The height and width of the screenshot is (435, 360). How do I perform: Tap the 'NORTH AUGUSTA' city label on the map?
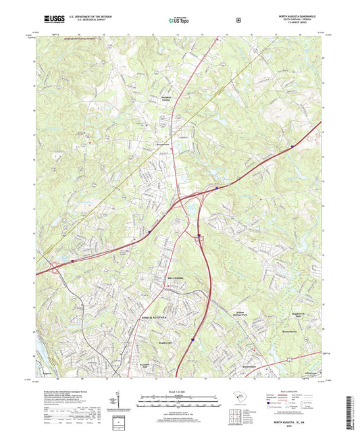(155, 317)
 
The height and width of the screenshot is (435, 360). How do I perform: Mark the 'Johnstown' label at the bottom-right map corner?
(311, 372)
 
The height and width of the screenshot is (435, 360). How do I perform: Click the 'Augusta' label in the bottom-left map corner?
(47, 372)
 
